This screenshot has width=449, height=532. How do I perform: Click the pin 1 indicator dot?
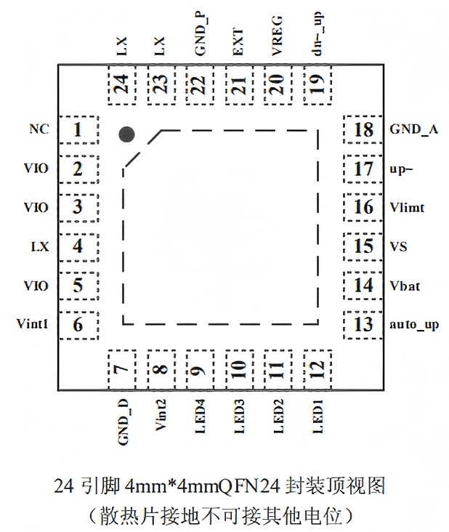click(126, 134)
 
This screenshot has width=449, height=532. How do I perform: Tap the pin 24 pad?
click(122, 85)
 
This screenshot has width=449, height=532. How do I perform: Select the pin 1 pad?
click(79, 129)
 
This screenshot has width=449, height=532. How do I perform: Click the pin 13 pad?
click(363, 325)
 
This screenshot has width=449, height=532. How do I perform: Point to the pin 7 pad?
click(122, 370)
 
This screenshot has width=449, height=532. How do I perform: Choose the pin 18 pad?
click(363, 129)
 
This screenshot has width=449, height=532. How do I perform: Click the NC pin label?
click(39, 129)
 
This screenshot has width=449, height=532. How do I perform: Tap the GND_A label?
click(413, 129)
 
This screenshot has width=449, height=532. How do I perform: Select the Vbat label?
click(405, 286)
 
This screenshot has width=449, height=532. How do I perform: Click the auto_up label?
click(414, 325)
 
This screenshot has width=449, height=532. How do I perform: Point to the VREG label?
click(277, 36)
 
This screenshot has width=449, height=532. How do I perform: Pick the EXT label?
click(238, 42)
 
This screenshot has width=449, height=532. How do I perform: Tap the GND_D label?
click(123, 422)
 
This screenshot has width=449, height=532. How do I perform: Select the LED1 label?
click(317, 416)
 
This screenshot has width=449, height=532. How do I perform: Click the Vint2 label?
click(161, 415)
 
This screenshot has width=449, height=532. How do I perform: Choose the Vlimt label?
click(407, 207)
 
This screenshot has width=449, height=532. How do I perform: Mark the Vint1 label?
click(32, 323)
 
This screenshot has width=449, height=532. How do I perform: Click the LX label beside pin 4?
click(40, 246)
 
